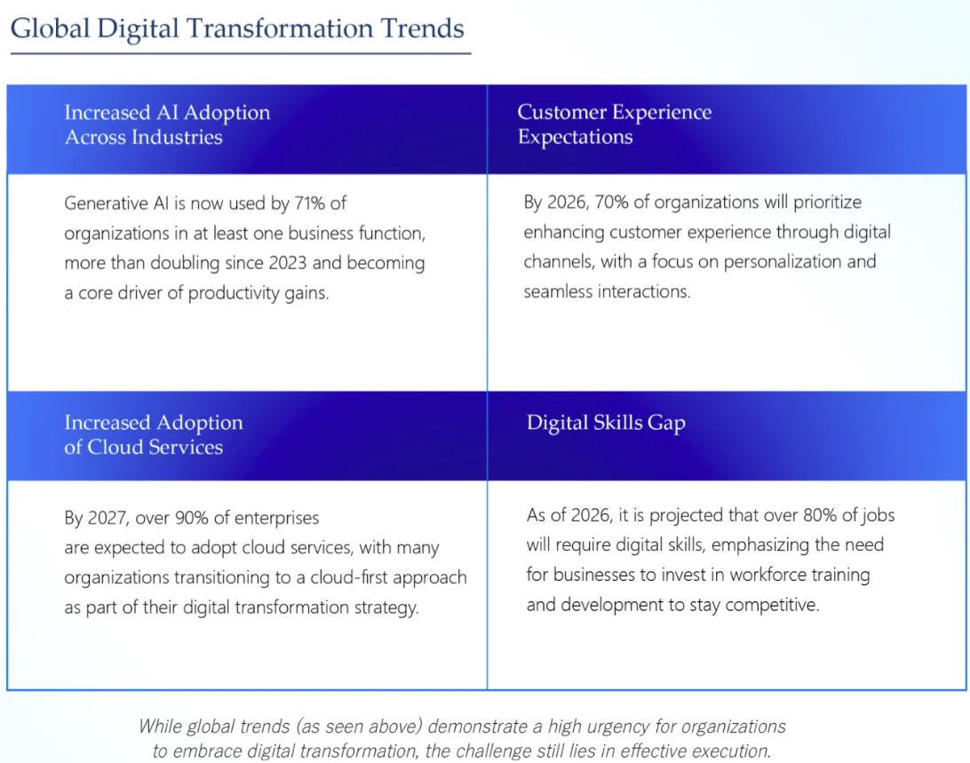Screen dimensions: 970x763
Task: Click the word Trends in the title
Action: click(x=423, y=28)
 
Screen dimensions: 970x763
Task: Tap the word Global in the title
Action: click(x=50, y=28)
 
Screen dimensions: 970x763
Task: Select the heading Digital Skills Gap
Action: click(x=606, y=424)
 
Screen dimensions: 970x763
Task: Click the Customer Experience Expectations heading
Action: click(x=615, y=123)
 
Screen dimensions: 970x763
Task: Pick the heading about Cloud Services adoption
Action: click(x=154, y=434)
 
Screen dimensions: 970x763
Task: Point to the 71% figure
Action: click(x=309, y=203)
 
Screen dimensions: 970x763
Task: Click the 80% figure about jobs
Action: click(x=820, y=515)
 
